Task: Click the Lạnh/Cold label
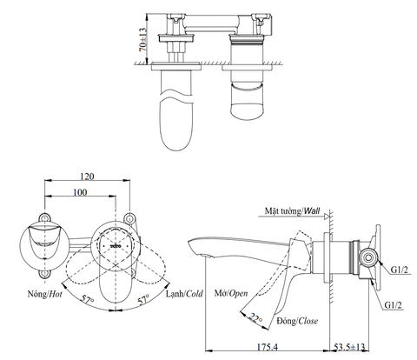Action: click(184, 294)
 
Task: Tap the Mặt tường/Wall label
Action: click(294, 211)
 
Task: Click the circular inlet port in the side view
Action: click(367, 257)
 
